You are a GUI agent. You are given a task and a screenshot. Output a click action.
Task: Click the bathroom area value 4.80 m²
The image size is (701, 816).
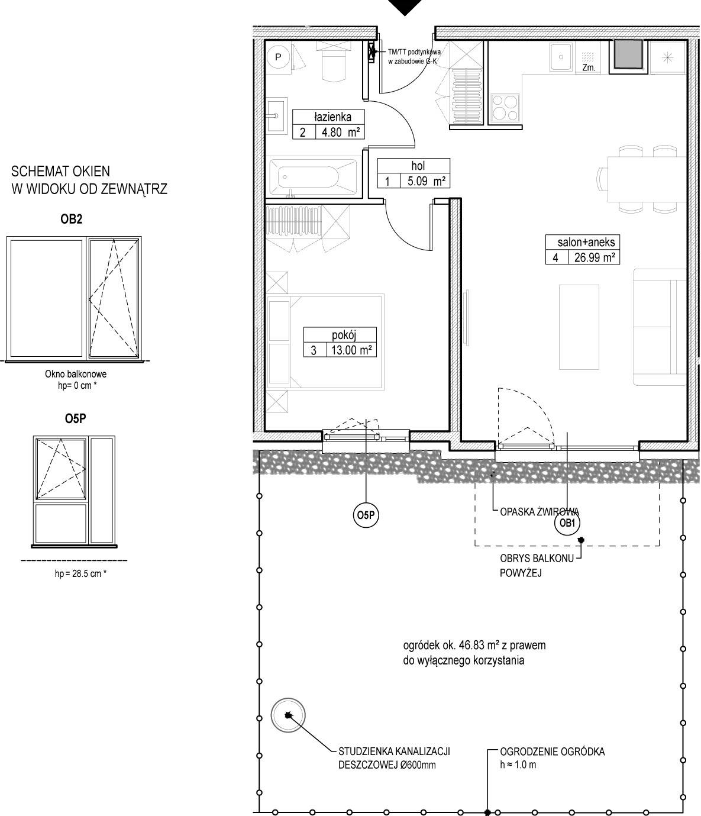click(341, 132)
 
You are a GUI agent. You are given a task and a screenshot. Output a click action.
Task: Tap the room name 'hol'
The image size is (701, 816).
click(418, 166)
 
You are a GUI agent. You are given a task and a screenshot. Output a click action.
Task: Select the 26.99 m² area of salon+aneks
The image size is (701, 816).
click(595, 257)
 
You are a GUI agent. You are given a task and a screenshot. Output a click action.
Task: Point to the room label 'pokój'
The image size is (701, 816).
click(344, 335)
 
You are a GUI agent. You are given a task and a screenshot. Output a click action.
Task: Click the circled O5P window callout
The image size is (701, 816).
click(366, 515)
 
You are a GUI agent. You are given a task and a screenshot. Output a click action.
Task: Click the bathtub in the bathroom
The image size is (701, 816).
click(312, 177)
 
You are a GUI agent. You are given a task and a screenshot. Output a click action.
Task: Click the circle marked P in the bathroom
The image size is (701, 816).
click(278, 57)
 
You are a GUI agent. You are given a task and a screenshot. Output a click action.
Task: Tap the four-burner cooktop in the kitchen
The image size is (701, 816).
click(505, 108)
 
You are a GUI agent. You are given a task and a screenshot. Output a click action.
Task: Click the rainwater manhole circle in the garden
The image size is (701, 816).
click(288, 715)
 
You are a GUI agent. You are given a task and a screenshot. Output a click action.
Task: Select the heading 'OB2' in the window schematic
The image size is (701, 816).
click(72, 219)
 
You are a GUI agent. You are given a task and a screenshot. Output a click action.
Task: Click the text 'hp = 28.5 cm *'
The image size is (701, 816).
click(80, 573)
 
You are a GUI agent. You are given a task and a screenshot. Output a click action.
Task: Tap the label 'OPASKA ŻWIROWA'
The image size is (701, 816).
click(539, 512)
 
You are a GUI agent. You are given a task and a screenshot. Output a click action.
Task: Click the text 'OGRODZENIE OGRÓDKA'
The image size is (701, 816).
click(552, 752)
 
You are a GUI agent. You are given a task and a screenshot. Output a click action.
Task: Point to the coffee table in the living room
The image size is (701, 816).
click(579, 327)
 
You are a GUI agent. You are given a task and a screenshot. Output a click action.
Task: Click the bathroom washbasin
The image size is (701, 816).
click(276, 115)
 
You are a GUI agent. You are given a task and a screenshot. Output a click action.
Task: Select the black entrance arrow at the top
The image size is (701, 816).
click(405, 7)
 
